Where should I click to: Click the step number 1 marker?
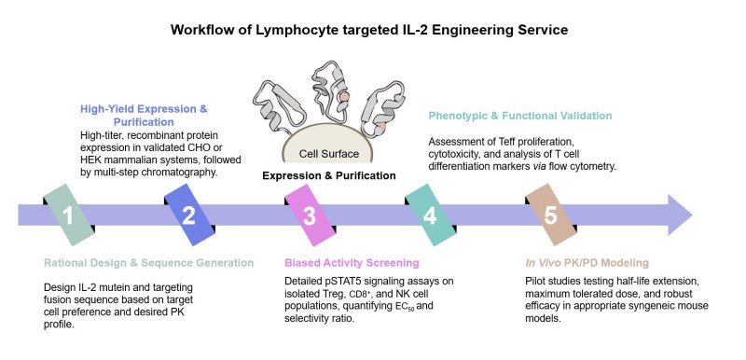(x=68, y=215)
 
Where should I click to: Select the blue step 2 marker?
(x=188, y=215)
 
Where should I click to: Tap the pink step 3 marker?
(x=309, y=215)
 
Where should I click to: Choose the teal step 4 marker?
(x=429, y=215)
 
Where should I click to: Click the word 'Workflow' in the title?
(x=202, y=30)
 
